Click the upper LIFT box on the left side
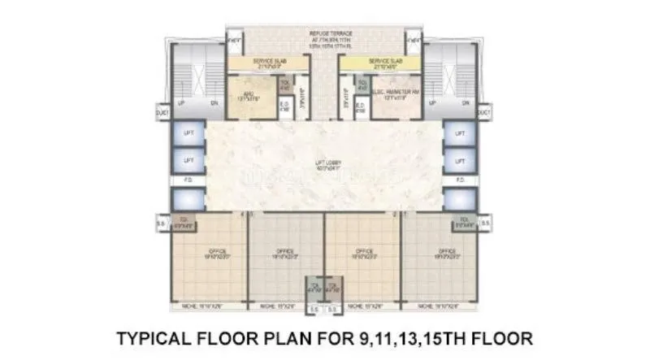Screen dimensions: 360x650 [188, 133]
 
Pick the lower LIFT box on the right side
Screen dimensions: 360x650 [460, 158]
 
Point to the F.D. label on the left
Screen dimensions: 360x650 [188, 179]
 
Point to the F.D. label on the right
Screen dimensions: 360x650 [460, 179]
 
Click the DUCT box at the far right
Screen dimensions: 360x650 [485, 112]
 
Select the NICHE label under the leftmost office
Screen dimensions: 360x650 [200, 306]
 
